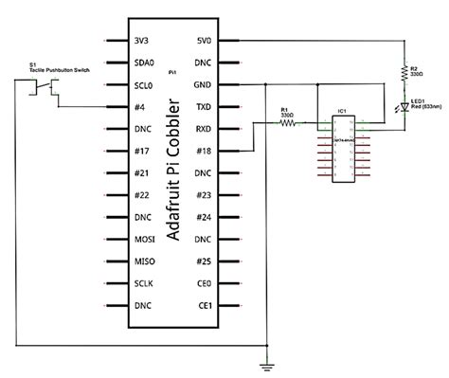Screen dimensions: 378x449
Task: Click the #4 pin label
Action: coord(139,107)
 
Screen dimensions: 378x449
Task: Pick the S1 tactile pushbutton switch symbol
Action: coord(42,89)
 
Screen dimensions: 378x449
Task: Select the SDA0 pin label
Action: coord(145,63)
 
